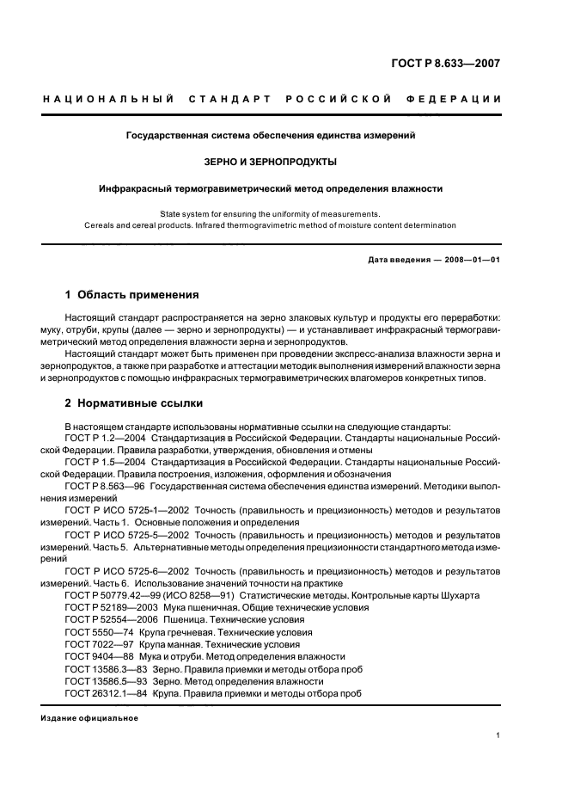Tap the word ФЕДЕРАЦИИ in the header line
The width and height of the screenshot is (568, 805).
(x=460, y=99)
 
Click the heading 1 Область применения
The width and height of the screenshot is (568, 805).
(x=131, y=294)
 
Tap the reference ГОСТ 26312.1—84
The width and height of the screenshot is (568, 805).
(x=101, y=692)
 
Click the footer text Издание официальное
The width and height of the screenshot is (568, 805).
(x=82, y=717)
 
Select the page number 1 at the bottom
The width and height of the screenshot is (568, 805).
(x=498, y=735)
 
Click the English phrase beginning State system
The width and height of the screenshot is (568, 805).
(x=270, y=213)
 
